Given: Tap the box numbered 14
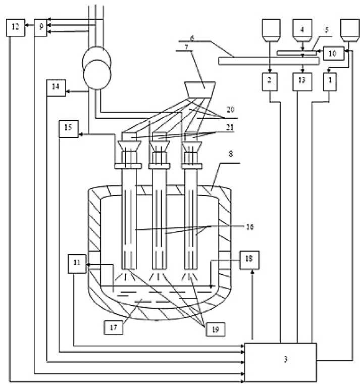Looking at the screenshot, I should [55, 88].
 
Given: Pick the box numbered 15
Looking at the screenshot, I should [68, 128].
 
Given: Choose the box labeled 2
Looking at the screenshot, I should [270, 81].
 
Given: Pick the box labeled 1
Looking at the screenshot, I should [329, 81].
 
